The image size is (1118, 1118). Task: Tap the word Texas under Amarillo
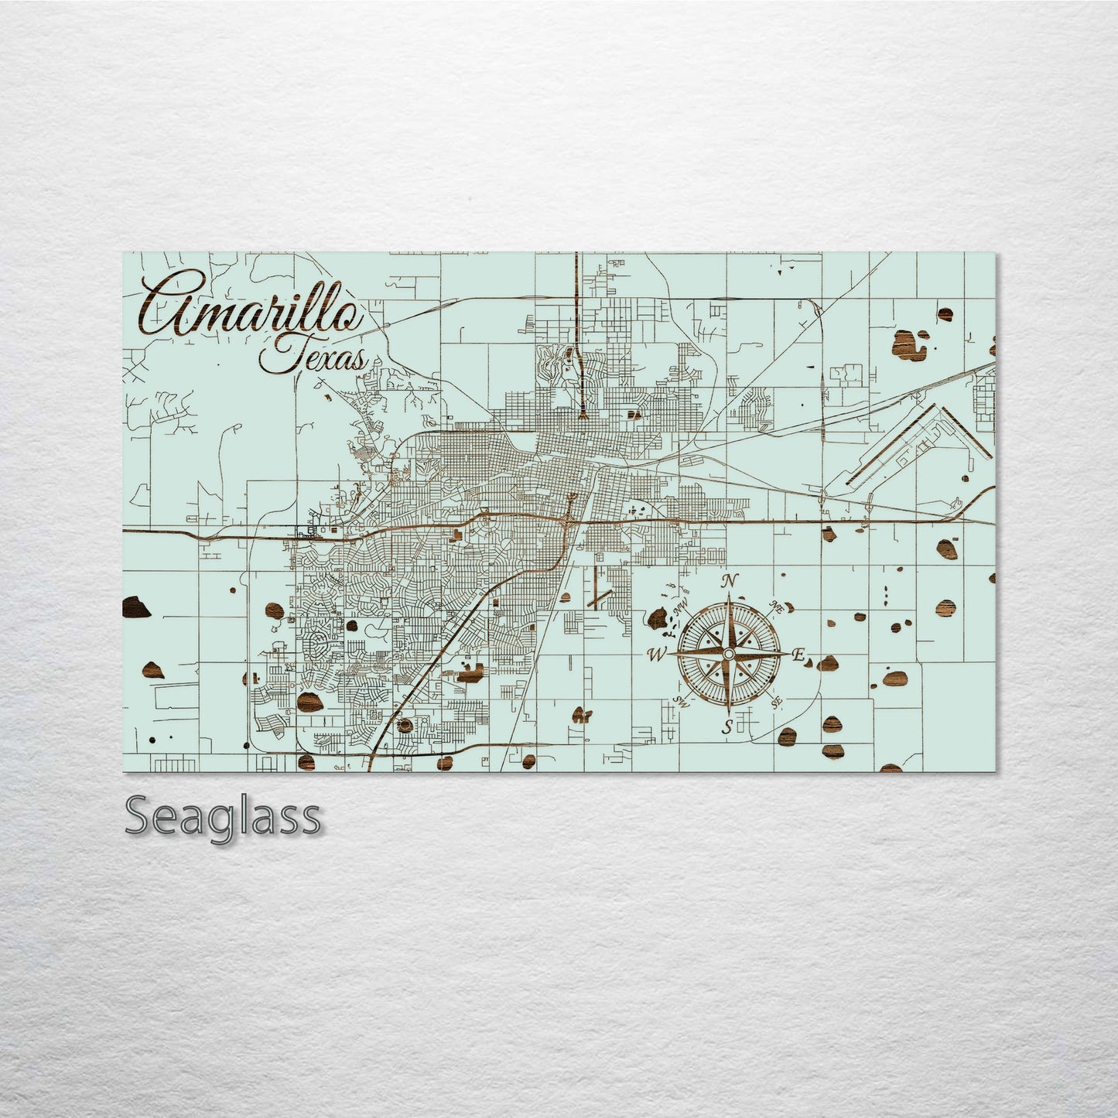tap(313, 358)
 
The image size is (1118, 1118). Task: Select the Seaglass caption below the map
tap(222, 816)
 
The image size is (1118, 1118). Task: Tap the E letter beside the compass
tap(797, 655)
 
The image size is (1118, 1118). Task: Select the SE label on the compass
tap(776, 702)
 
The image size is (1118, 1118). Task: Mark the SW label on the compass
tap(681, 700)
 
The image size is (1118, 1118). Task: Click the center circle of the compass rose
tap(727, 655)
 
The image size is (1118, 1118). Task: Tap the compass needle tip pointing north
tap(727, 596)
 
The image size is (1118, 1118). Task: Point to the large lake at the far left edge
tap(135, 607)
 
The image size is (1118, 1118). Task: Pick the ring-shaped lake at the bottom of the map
tap(405, 726)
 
